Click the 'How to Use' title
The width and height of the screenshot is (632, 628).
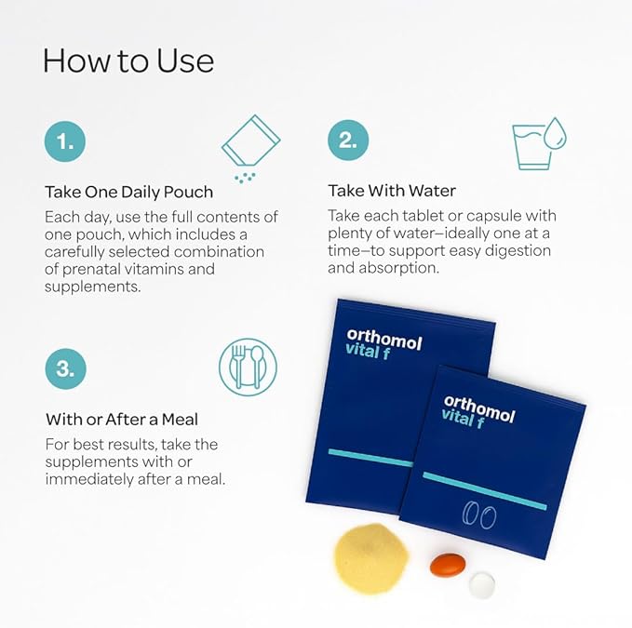coord(128,60)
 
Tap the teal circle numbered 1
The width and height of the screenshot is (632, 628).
coord(65,141)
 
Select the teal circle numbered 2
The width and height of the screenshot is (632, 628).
coord(348,140)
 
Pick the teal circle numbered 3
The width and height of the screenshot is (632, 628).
coord(66,369)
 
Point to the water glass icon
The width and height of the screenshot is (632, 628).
coord(539,143)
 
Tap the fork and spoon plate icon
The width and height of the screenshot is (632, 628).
coord(248,367)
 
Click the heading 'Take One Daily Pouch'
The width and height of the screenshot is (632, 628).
coord(129,192)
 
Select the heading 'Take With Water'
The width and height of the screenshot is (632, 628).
coord(392,191)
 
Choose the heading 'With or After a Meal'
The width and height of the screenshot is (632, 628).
coord(122,420)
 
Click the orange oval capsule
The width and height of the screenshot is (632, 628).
coord(448,565)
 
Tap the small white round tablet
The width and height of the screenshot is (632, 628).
coord(482,584)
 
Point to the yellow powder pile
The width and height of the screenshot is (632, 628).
coord(371,558)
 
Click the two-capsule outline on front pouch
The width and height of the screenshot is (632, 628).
coord(478,515)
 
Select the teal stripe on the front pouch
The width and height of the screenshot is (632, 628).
coord(485,491)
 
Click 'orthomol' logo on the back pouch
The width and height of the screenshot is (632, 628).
coord(384,340)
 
